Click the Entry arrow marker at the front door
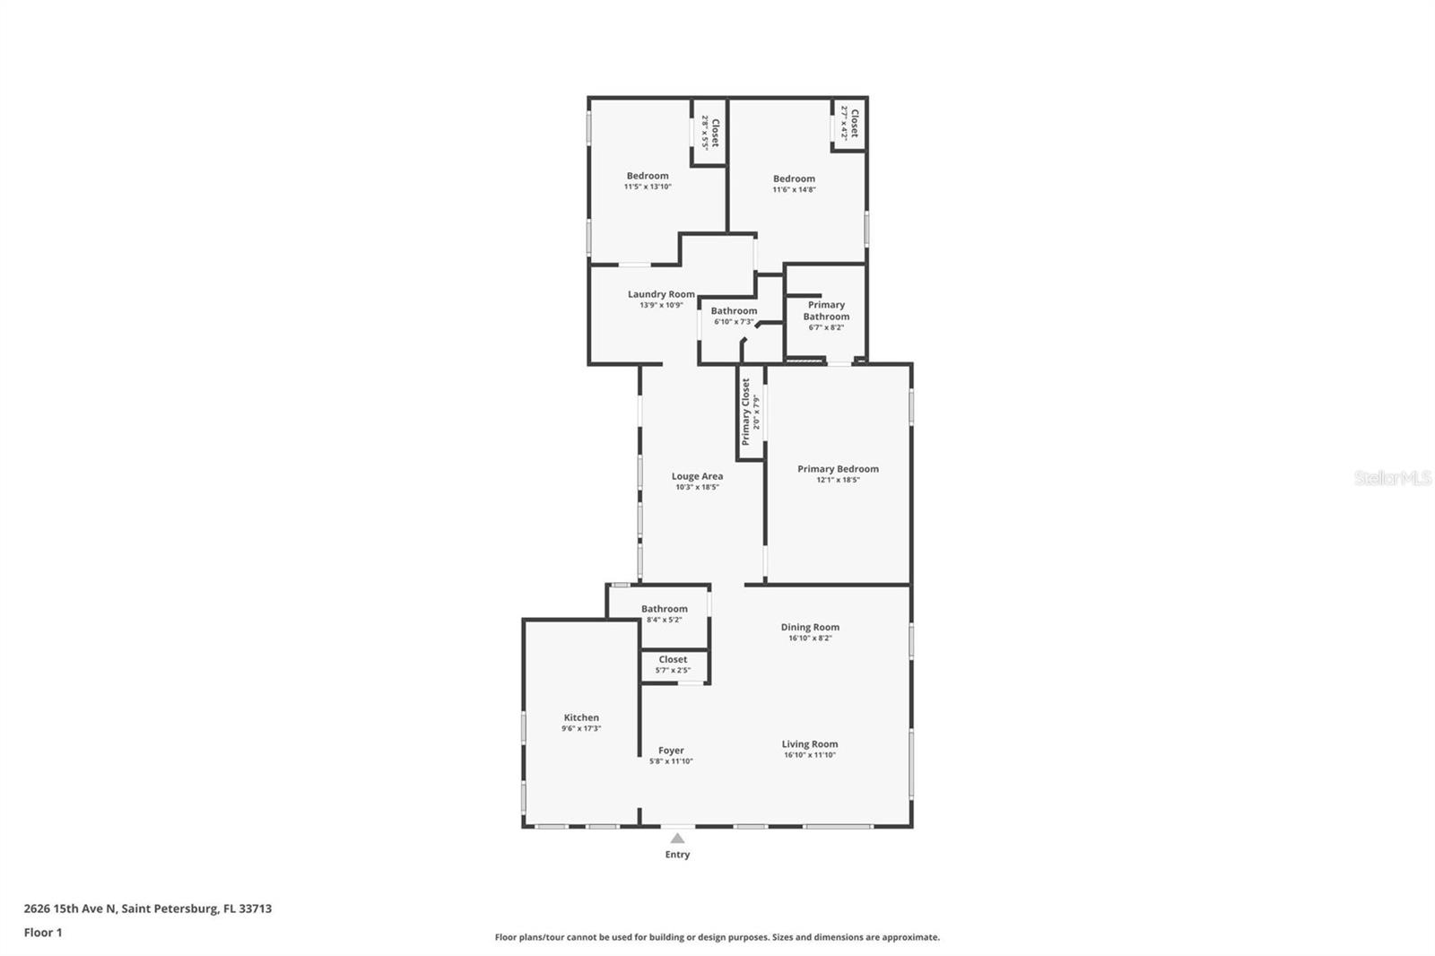tap(677, 839)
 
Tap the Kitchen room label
tap(581, 717)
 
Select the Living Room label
tap(810, 744)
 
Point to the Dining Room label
tap(810, 627)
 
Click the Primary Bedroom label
tap(838, 469)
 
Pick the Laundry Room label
tap(661, 294)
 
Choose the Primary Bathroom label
tap(826, 311)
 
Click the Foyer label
tap(672, 751)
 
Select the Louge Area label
tap(697, 476)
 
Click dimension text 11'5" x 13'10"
tap(648, 187)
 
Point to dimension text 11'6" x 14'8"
tap(795, 189)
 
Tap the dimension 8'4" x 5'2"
tap(665, 621)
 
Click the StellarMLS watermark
tap(1393, 478)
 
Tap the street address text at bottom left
tap(148, 908)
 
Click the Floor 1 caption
tap(43, 933)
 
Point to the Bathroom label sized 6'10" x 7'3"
tap(734, 311)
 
